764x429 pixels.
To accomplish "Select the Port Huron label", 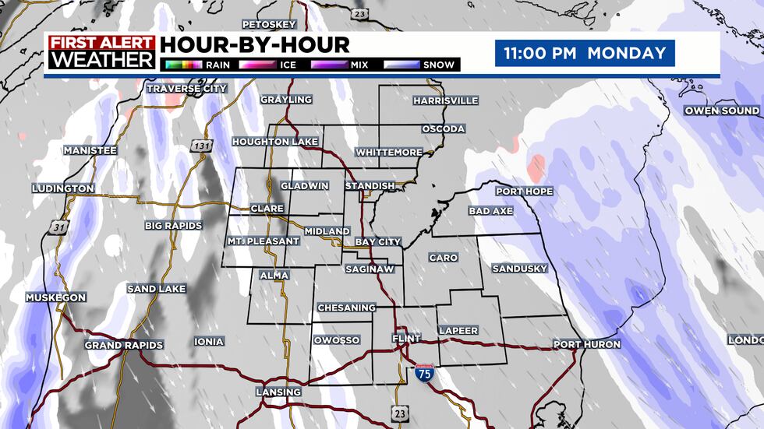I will [587, 344].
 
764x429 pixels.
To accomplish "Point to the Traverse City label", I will [187, 89].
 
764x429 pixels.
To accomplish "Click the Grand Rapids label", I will [124, 345].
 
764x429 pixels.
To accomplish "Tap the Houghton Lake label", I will [275, 142].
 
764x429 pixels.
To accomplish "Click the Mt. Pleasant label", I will [264, 241].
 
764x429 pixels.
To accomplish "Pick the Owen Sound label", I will [722, 111].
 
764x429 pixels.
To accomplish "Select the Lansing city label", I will [278, 392].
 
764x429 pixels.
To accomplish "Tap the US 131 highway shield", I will [200, 146].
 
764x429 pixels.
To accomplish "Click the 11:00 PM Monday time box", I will [585, 53].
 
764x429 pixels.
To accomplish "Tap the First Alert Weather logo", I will [101, 52].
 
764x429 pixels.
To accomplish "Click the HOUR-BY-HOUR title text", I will [255, 44].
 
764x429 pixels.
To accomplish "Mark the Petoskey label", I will [271, 24].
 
